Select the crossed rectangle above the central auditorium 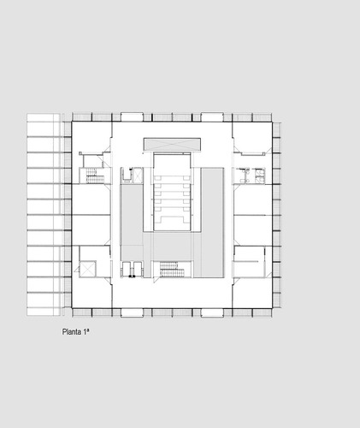[172, 144]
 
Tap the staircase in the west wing [95, 175]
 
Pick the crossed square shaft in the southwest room [88, 269]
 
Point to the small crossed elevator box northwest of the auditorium [138, 175]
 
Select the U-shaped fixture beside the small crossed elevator [126, 175]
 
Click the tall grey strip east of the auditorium [212, 223]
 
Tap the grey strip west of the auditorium [132, 223]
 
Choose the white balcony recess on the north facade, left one [132, 116]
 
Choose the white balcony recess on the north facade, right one [212, 116]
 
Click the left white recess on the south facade [132, 312]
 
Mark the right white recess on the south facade [212, 312]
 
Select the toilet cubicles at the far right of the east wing [260, 175]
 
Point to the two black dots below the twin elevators [132, 276]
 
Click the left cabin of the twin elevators [127, 269]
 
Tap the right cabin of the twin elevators [138, 269]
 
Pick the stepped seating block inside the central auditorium [172, 199]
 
